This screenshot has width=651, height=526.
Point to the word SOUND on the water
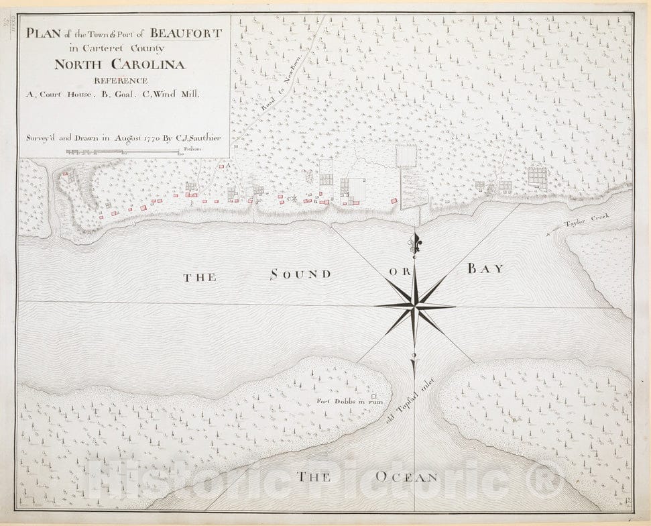coord(300,274)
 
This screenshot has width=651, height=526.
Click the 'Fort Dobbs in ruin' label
coord(343,402)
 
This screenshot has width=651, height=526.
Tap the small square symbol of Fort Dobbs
coord(374,397)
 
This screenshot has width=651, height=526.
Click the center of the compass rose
coord(415,307)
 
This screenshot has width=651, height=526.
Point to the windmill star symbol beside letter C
coord(293,198)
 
